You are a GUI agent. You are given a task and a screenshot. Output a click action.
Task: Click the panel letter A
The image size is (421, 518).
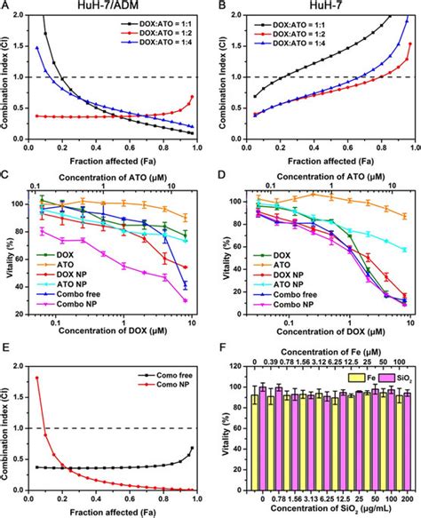6,6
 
